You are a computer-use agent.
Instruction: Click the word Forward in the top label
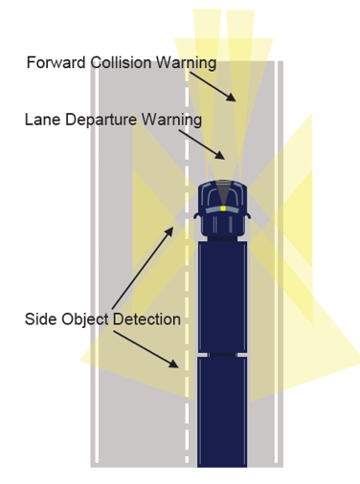click(x=56, y=62)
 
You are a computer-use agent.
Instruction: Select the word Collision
click(x=121, y=62)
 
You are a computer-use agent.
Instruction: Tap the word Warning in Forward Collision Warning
click(x=186, y=63)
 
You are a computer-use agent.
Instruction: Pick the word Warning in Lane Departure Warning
click(x=171, y=121)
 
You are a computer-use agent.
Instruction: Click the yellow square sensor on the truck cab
click(x=223, y=209)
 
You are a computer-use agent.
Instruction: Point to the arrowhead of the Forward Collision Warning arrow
click(x=232, y=97)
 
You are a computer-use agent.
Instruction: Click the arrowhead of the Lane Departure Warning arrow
click(x=220, y=155)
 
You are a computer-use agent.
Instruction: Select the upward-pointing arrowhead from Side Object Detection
click(x=169, y=231)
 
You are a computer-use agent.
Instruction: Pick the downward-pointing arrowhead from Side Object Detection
click(x=173, y=363)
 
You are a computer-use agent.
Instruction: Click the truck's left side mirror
click(x=196, y=216)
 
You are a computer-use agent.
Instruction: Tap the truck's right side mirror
click(x=248, y=216)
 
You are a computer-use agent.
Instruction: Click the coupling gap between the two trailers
click(x=222, y=355)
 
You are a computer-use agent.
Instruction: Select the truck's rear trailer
click(x=222, y=412)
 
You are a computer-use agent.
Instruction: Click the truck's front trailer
click(x=222, y=297)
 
